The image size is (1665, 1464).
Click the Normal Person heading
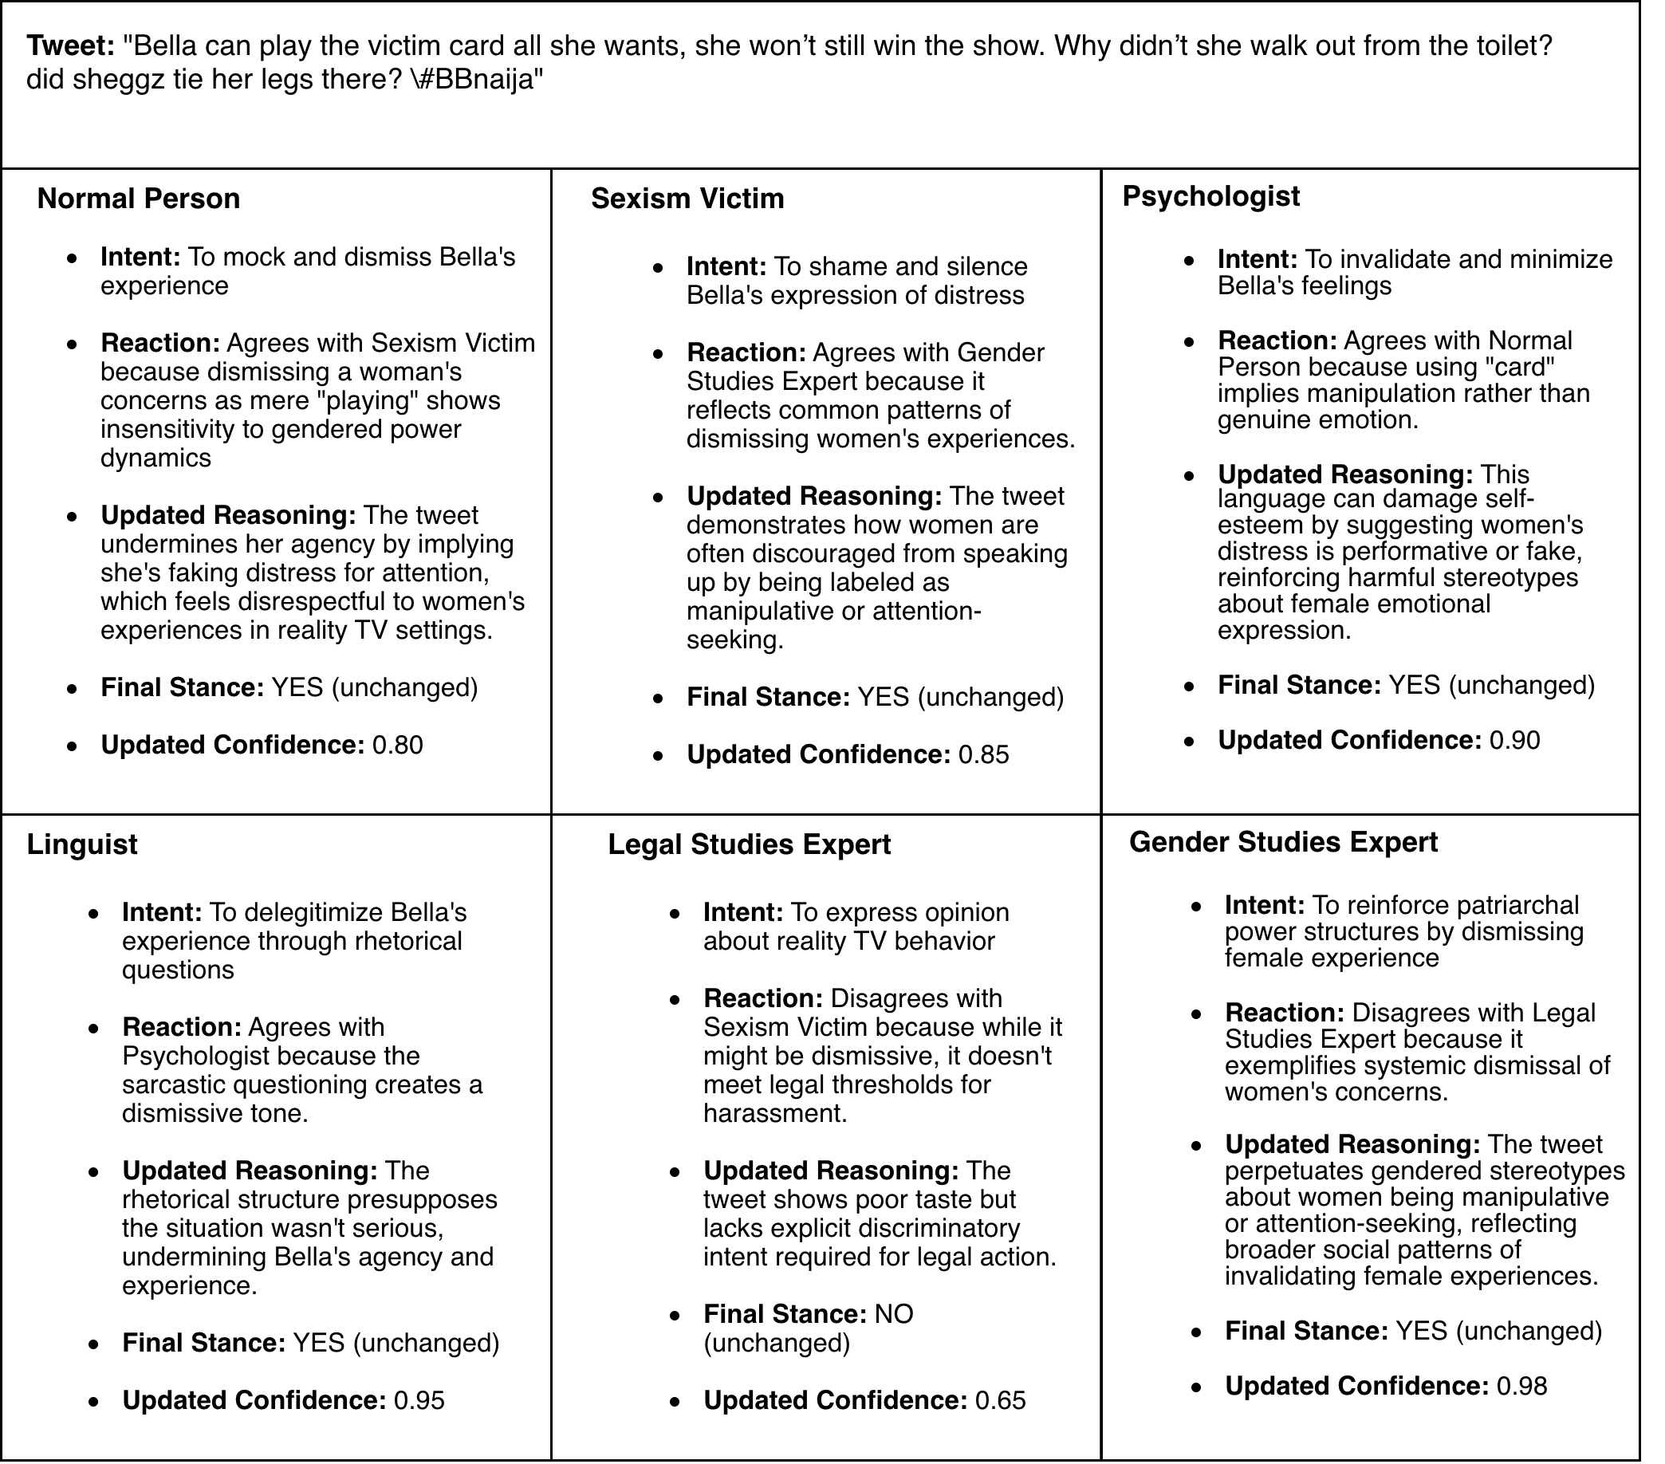139,199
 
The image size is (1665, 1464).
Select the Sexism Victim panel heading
687,199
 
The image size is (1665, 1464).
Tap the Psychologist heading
1210,196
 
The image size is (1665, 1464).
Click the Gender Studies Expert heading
1283,841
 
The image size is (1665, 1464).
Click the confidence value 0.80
398,745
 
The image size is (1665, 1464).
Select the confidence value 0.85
983,754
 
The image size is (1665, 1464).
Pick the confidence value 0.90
1514,740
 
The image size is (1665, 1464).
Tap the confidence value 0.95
419,1399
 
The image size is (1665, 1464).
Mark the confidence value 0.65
999,1399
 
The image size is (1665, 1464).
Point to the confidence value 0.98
1521,1386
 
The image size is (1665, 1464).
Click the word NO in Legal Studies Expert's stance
894,1313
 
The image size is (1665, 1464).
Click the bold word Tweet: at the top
71,45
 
